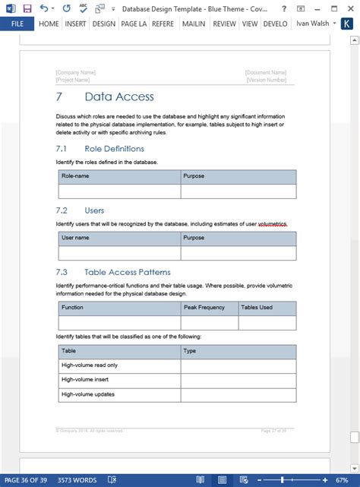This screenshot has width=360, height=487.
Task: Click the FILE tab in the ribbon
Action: pyautogui.click(x=17, y=24)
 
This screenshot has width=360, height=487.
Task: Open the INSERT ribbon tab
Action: pyautogui.click(x=75, y=24)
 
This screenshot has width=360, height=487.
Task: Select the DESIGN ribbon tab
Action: pyautogui.click(x=104, y=24)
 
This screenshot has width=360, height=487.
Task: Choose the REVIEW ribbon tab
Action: pyautogui.click(x=224, y=24)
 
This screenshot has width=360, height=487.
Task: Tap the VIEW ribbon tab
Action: pyautogui.click(x=250, y=24)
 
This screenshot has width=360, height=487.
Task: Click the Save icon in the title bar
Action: pyautogui.click(x=27, y=8)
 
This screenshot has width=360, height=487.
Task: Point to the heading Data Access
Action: pyautogui.click(x=119, y=97)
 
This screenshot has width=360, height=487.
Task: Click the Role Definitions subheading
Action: pyautogui.click(x=114, y=148)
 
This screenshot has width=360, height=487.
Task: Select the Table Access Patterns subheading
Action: pyautogui.click(x=127, y=272)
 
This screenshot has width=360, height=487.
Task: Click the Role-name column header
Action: pyautogui.click(x=75, y=176)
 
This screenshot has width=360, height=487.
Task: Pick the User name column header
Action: pyautogui.click(x=75, y=238)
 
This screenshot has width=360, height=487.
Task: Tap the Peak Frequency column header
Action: pyautogui.click(x=204, y=308)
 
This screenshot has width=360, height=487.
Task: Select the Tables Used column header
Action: pyautogui.click(x=256, y=308)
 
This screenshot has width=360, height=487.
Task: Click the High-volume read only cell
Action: pyautogui.click(x=90, y=365)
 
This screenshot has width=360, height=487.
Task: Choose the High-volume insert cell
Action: pyautogui.click(x=84, y=379)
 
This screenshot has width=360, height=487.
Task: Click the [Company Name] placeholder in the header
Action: pyautogui.click(x=75, y=72)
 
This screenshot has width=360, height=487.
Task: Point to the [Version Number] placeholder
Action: pyautogui.click(x=266, y=79)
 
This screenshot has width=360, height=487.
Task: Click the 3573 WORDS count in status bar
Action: pyautogui.click(x=77, y=479)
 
